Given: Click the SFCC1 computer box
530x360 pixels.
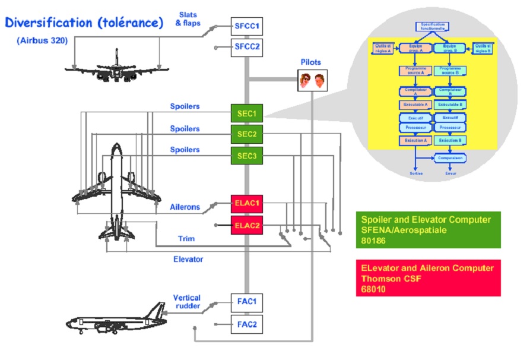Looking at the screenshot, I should click(x=246, y=26).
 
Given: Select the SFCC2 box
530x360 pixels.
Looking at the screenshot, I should click(x=246, y=47).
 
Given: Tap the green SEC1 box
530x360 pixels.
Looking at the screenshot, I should click(x=246, y=113).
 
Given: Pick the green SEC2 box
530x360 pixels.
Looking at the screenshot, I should click(x=246, y=135).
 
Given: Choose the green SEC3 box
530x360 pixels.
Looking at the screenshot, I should click(x=246, y=156).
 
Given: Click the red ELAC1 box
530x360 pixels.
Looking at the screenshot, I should click(x=246, y=203).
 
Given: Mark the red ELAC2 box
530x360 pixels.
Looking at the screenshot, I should click(x=246, y=225).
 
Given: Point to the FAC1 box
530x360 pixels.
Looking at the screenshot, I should click(x=246, y=302).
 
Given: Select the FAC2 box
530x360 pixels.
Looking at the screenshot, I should click(x=246, y=324).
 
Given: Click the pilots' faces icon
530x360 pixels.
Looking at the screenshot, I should click(x=312, y=80).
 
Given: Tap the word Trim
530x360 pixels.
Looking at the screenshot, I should click(x=186, y=239).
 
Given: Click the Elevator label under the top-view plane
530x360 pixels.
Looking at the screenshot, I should click(x=188, y=260).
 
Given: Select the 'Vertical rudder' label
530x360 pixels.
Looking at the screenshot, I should click(x=186, y=302).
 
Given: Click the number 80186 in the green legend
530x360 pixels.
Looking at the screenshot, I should click(x=374, y=241).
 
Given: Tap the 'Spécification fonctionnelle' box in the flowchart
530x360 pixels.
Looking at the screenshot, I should click(x=432, y=26).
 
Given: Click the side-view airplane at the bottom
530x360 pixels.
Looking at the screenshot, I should click(x=116, y=320).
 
